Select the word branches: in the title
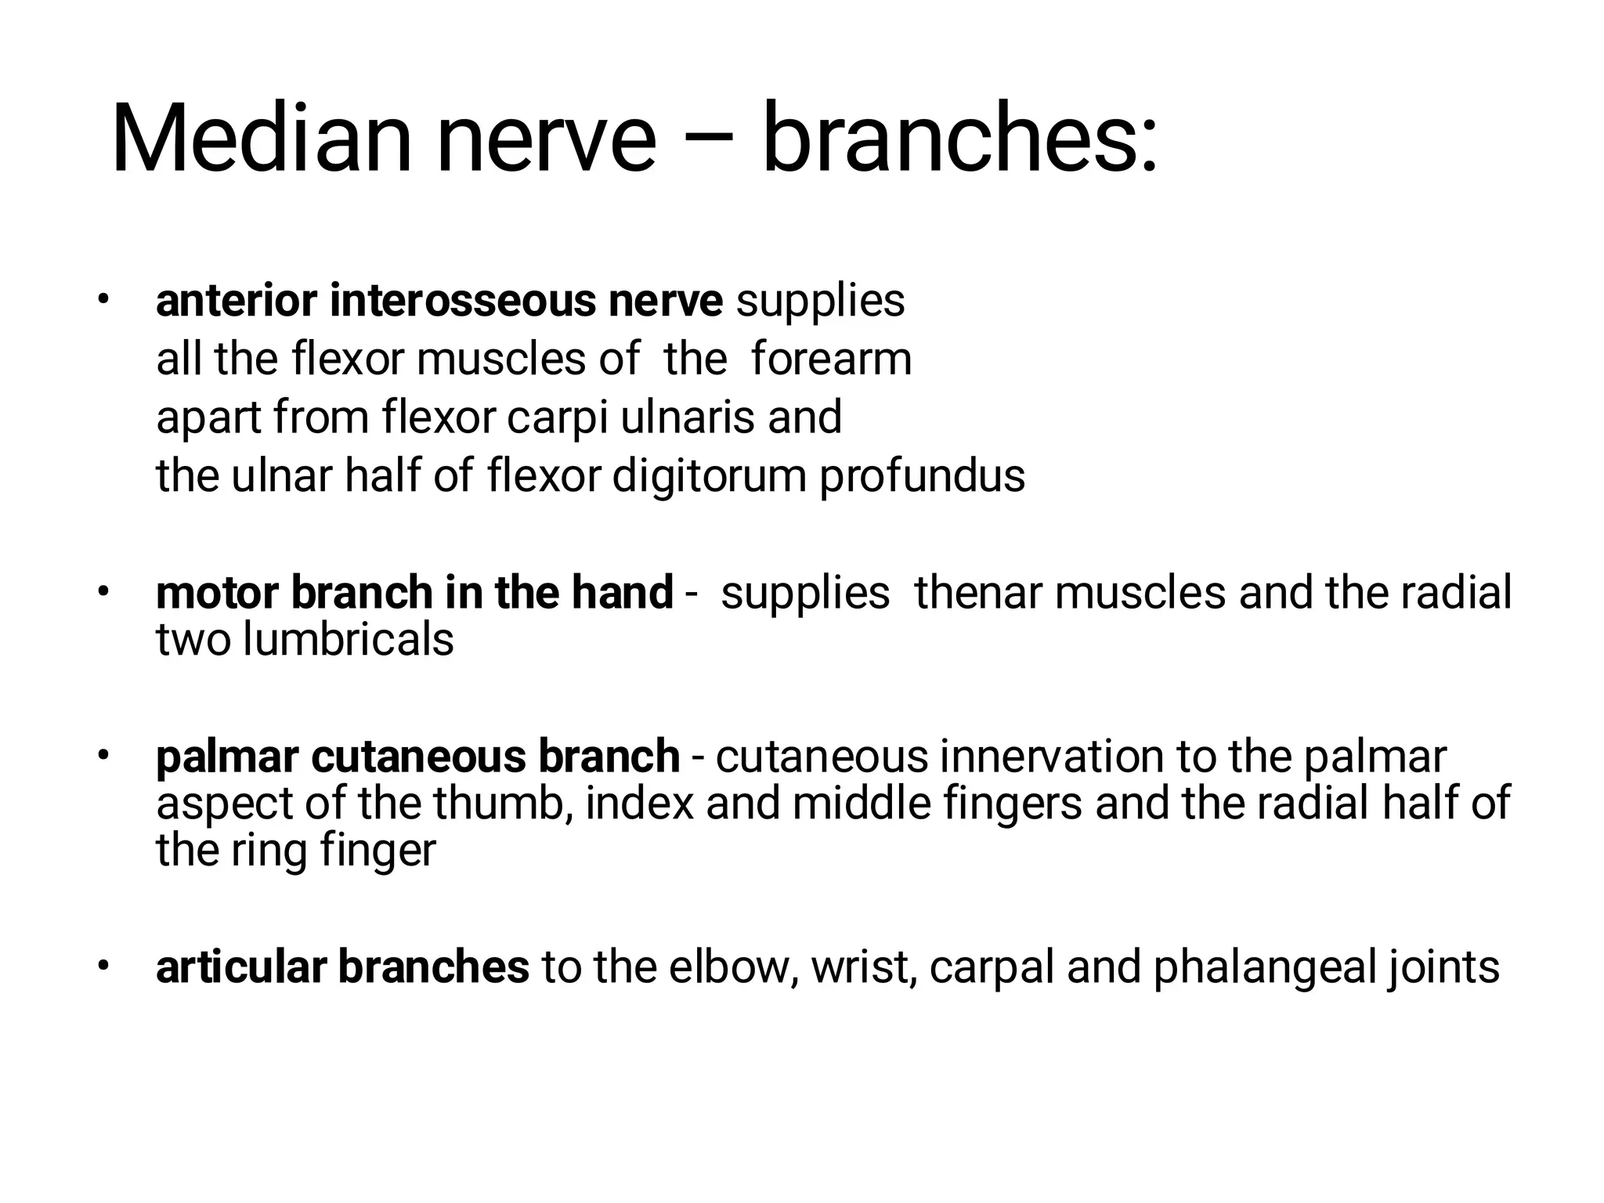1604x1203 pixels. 959,139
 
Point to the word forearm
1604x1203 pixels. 831,359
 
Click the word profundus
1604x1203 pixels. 922,476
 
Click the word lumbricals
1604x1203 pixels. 348,639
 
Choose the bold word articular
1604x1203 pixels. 240,966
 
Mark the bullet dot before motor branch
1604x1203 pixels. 102,592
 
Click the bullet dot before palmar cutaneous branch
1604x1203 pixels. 102,757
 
